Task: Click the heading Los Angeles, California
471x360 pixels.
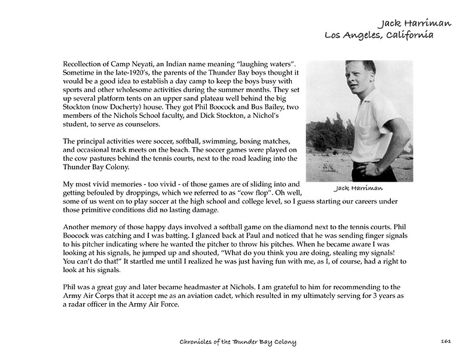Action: click(x=379, y=35)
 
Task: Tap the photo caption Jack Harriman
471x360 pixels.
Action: click(x=359, y=188)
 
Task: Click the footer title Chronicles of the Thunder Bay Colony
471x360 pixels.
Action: click(x=238, y=341)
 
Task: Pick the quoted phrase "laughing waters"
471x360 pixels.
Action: click(x=267, y=63)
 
